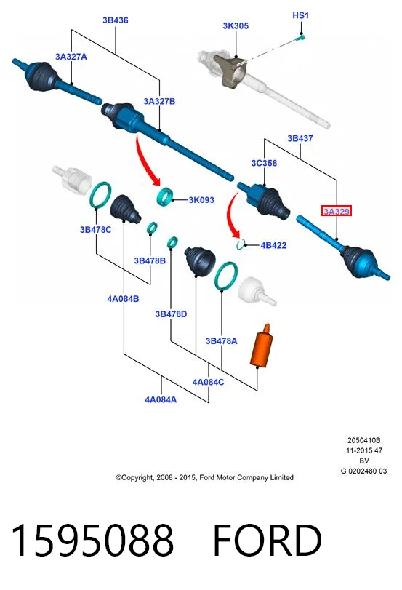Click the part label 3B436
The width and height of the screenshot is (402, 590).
tap(116, 20)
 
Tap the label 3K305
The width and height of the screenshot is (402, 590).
tap(236, 26)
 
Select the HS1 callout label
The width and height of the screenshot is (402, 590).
tap(300, 15)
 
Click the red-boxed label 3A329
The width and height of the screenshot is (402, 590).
tap(337, 211)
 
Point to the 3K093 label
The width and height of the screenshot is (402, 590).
tap(201, 200)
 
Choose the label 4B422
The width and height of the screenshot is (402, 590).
tap(273, 245)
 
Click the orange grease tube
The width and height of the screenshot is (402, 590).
tap(262, 346)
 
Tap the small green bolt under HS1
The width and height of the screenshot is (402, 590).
tap(300, 37)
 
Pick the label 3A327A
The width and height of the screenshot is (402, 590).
tap(71, 57)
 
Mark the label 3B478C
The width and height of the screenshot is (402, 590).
tap(95, 230)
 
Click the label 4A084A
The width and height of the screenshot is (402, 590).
tap(161, 399)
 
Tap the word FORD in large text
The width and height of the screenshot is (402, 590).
tap(268, 541)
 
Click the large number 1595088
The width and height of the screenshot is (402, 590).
tap(92, 541)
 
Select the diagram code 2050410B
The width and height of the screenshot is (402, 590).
tap(363, 440)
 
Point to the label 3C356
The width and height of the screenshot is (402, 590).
tap(264, 163)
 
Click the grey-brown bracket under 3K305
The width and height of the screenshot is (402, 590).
tap(230, 71)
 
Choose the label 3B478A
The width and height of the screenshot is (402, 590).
tap(221, 341)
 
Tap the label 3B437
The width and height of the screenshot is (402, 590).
tap(300, 138)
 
